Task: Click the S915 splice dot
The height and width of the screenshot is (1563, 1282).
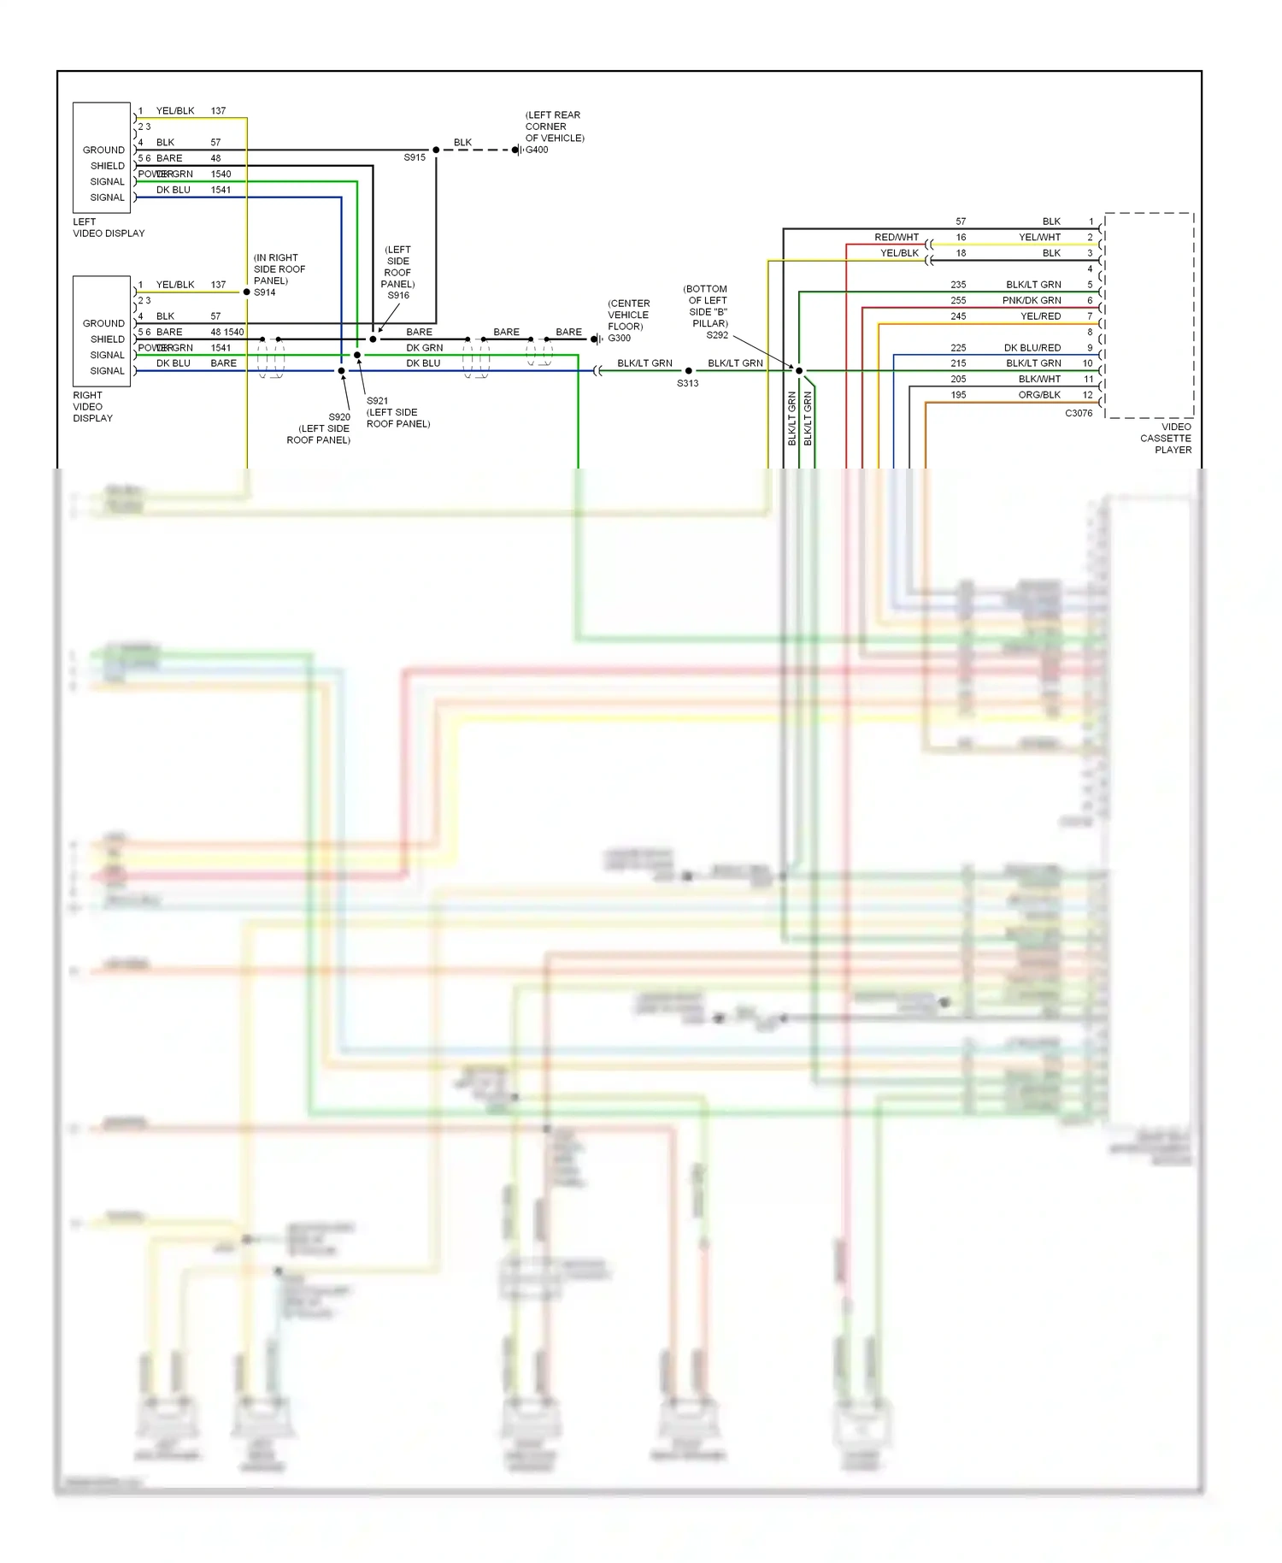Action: [436, 150]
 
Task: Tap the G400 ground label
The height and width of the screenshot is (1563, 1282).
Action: [537, 150]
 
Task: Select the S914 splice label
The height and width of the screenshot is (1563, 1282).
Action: [265, 292]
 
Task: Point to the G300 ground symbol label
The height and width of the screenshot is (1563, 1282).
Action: [620, 339]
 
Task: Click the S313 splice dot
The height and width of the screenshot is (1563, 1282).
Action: [689, 371]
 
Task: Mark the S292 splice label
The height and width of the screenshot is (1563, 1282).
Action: [717, 335]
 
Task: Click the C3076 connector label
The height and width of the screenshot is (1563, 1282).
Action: [1079, 413]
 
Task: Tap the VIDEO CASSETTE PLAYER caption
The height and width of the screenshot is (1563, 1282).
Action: [1166, 438]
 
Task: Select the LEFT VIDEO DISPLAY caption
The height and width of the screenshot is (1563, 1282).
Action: [109, 227]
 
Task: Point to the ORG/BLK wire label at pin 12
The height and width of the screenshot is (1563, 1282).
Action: [1039, 395]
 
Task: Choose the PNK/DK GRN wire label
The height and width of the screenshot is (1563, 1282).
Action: [1032, 301]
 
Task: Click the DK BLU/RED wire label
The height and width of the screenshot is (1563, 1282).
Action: [1032, 348]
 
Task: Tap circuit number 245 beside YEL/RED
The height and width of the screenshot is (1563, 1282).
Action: [958, 316]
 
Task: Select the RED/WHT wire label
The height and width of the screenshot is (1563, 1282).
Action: [897, 238]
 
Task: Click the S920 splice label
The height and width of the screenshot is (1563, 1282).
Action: [339, 417]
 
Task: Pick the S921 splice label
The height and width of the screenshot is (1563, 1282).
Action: [377, 401]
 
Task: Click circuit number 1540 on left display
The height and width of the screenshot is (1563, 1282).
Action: [221, 174]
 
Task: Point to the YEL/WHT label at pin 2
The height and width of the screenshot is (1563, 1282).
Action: [1039, 238]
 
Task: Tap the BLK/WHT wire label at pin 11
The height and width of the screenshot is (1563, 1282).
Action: [1039, 380]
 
